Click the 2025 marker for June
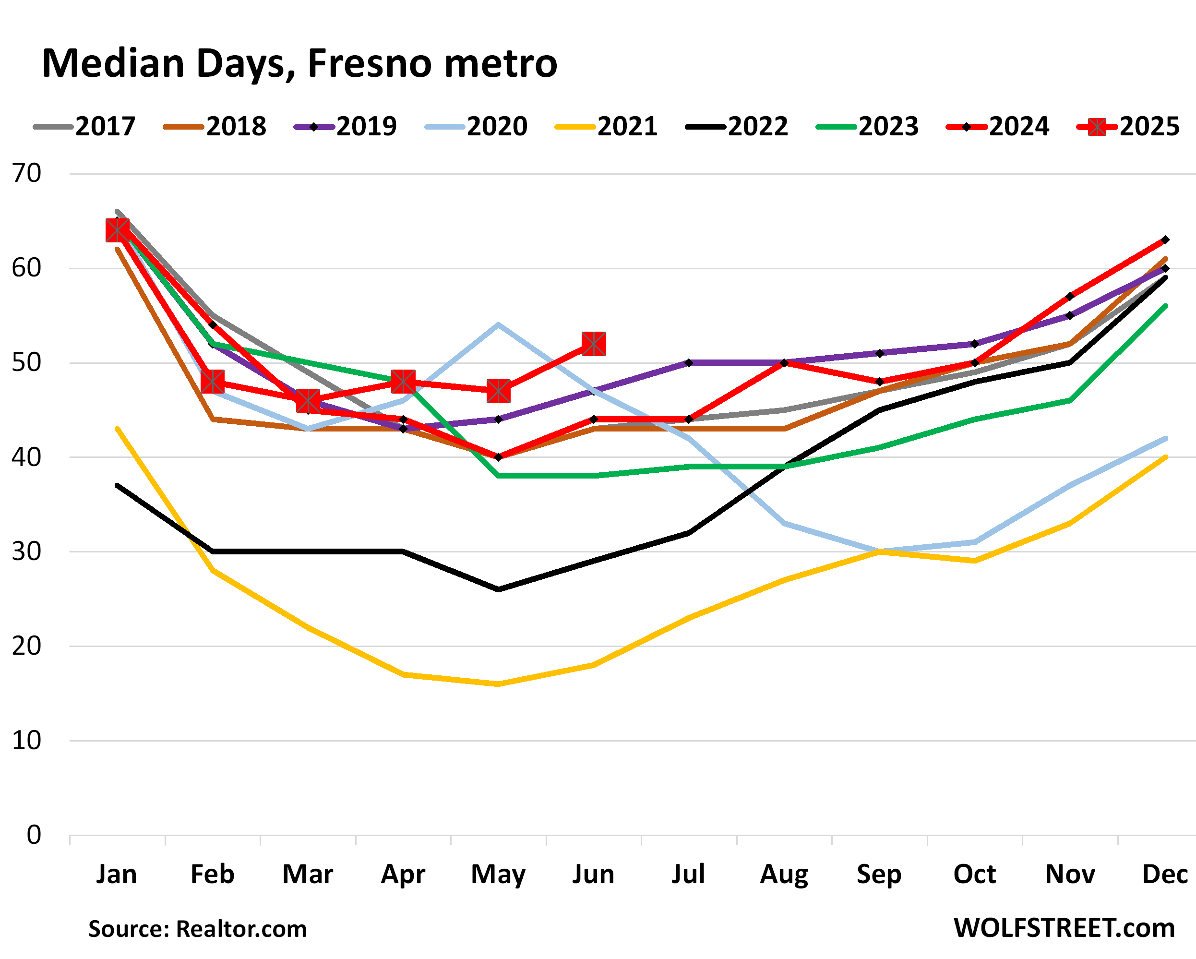click(x=594, y=344)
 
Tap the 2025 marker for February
click(x=213, y=382)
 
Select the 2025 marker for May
click(x=498, y=391)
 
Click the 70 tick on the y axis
click(x=26, y=174)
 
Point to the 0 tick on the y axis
click(x=34, y=835)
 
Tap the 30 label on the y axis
click(x=26, y=552)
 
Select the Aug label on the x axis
click(x=784, y=875)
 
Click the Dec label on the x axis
click(x=1164, y=875)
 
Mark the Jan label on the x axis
click(x=117, y=875)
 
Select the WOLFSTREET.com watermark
click(x=1064, y=928)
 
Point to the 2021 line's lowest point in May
click(x=498, y=684)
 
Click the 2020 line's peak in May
click(x=498, y=324)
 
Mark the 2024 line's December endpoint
click(x=1165, y=240)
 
